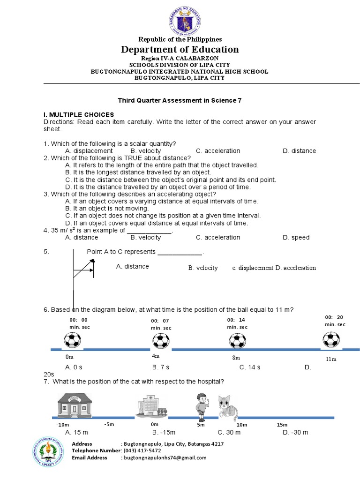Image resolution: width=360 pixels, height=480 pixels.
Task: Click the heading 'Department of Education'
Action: pyautogui.click(x=180, y=50)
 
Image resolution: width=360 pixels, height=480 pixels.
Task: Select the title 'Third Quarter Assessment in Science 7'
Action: pyautogui.click(x=180, y=100)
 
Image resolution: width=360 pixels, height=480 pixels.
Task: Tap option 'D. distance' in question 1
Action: pyautogui.click(x=299, y=151)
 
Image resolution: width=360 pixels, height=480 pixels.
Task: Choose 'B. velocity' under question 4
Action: pyautogui.click(x=146, y=238)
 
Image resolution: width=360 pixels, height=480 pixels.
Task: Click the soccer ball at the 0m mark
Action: pyautogui.click(x=72, y=340)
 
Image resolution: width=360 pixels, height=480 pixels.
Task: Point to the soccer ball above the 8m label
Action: pyautogui.click(x=237, y=341)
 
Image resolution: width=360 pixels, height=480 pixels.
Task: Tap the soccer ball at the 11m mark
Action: pyautogui.click(x=331, y=339)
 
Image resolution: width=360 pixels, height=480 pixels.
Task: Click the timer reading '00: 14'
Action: pyautogui.click(x=236, y=320)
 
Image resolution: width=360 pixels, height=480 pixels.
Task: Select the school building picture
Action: pyautogui.click(x=75, y=405)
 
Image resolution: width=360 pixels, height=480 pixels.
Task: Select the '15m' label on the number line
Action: pyautogui.click(x=282, y=425)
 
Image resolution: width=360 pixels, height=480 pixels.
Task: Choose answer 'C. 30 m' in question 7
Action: pyautogui.click(x=229, y=432)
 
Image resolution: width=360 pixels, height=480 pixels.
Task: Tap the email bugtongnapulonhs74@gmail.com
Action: pyautogui.click(x=165, y=458)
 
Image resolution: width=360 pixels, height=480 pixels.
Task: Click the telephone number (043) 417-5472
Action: pyautogui.click(x=146, y=451)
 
